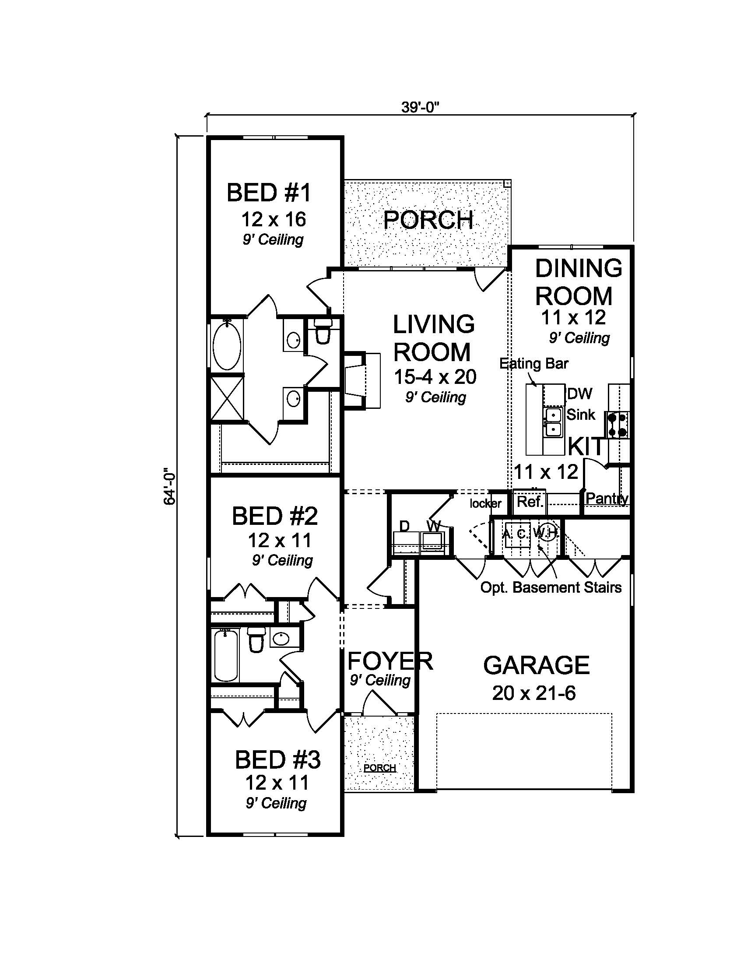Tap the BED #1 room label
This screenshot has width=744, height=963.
(x=269, y=193)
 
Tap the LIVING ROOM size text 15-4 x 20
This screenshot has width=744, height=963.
(x=435, y=377)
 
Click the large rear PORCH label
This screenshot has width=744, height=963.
(x=428, y=220)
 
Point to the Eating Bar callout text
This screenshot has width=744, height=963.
(x=534, y=364)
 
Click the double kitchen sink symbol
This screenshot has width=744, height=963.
(x=553, y=422)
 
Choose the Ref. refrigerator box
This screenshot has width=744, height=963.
(x=530, y=502)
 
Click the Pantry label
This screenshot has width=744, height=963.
(x=607, y=498)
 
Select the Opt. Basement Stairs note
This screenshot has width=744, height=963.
(x=551, y=587)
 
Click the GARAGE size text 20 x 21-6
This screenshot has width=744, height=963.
(x=534, y=694)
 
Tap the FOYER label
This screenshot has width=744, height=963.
(x=390, y=661)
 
